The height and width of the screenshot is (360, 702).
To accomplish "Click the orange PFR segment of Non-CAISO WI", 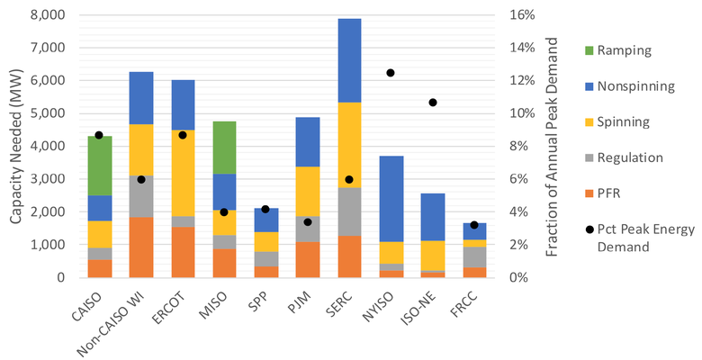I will point(140,247).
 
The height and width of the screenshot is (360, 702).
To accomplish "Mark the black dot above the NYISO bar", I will point(391,73).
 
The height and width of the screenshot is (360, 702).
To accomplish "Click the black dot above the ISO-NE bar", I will point(433,103).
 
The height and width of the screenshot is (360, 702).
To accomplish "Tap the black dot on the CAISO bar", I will point(99,135).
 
